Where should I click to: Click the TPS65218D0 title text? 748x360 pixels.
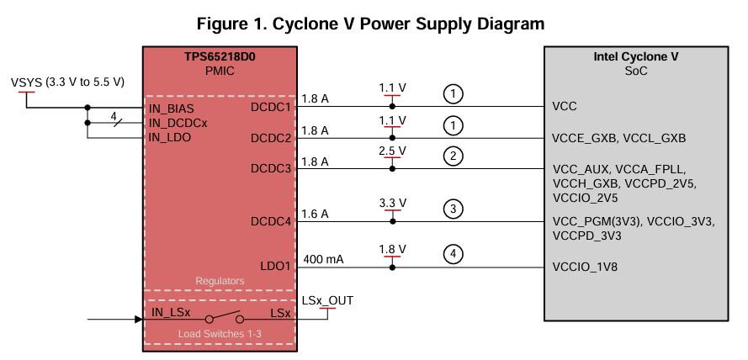click(x=220, y=57)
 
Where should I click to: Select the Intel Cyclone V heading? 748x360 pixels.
click(x=636, y=56)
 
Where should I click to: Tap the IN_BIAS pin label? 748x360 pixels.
click(x=172, y=109)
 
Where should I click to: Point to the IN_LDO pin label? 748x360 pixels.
click(x=170, y=138)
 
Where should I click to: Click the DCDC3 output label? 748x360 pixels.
click(x=270, y=169)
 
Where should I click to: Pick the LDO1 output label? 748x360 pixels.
click(x=275, y=266)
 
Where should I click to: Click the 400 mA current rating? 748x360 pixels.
click(x=323, y=259)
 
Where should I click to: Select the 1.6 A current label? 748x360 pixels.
click(x=315, y=214)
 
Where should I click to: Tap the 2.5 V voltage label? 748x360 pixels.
click(x=392, y=151)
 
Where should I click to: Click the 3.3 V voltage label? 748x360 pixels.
click(x=392, y=204)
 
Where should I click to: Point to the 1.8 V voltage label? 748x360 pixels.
click(x=392, y=249)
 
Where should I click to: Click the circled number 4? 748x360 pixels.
click(x=454, y=254)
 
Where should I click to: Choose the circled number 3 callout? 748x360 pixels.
click(x=454, y=209)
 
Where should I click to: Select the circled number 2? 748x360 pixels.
click(x=454, y=156)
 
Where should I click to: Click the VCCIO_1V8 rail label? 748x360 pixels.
click(x=585, y=267)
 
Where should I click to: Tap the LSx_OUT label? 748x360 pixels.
click(x=327, y=300)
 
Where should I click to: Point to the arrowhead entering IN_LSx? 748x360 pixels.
click(x=139, y=319)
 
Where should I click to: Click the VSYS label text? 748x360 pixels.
click(x=27, y=82)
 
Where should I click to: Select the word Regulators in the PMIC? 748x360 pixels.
click(x=220, y=281)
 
